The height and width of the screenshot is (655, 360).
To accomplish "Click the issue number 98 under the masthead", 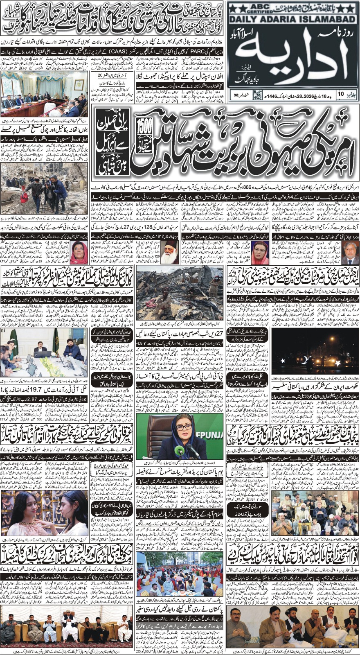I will [236, 95].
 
